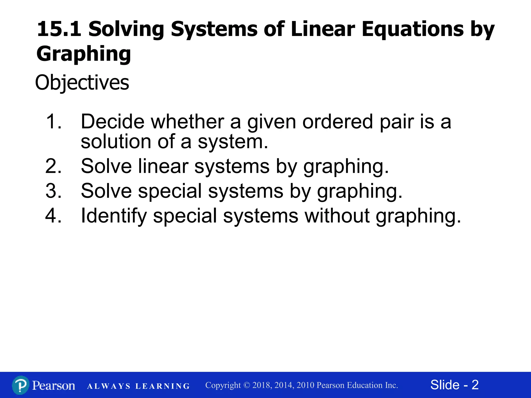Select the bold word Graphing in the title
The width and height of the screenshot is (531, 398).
click(83, 54)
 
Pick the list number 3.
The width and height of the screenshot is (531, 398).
click(53, 191)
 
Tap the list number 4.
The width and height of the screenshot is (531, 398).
click(53, 216)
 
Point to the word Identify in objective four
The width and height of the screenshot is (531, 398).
click(114, 216)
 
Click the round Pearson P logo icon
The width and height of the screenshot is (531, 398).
click(20, 385)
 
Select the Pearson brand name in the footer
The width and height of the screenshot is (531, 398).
click(54, 385)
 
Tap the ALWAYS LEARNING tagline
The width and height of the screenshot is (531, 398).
click(138, 386)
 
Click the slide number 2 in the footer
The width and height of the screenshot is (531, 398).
click(475, 385)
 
